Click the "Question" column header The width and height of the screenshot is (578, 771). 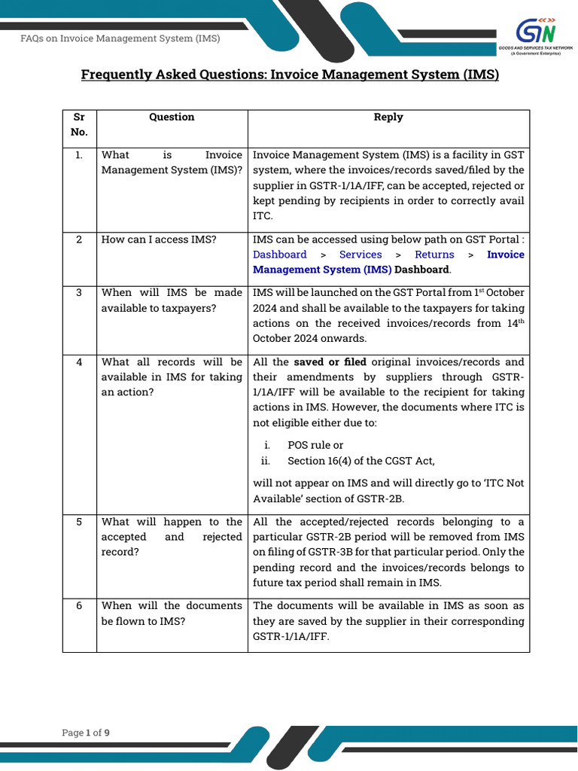pyautogui.click(x=172, y=117)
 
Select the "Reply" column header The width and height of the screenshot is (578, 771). pyautogui.click(x=388, y=117)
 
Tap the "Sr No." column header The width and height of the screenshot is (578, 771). pyautogui.click(x=79, y=124)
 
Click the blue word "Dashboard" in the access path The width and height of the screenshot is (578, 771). pyautogui.click(x=280, y=254)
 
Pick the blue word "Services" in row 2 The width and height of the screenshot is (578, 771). pyautogui.click(x=360, y=254)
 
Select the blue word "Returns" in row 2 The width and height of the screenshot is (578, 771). pyautogui.click(x=434, y=254)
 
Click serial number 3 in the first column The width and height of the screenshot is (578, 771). pyautogui.click(x=79, y=292)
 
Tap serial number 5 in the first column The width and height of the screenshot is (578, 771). pyautogui.click(x=79, y=522)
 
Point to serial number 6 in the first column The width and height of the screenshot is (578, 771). pyautogui.click(x=79, y=605)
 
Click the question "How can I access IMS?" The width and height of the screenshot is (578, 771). pyautogui.click(x=159, y=239)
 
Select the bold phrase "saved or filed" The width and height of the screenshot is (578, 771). pyautogui.click(x=330, y=361)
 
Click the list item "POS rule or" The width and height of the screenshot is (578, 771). pyautogui.click(x=315, y=445)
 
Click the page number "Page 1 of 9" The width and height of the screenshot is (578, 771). pyautogui.click(x=86, y=733)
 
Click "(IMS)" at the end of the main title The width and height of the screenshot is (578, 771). pyautogui.click(x=479, y=75)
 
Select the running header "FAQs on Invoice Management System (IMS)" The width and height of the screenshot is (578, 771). pyautogui.click(x=120, y=38)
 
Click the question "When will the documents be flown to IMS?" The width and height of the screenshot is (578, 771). pyautogui.click(x=172, y=614)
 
